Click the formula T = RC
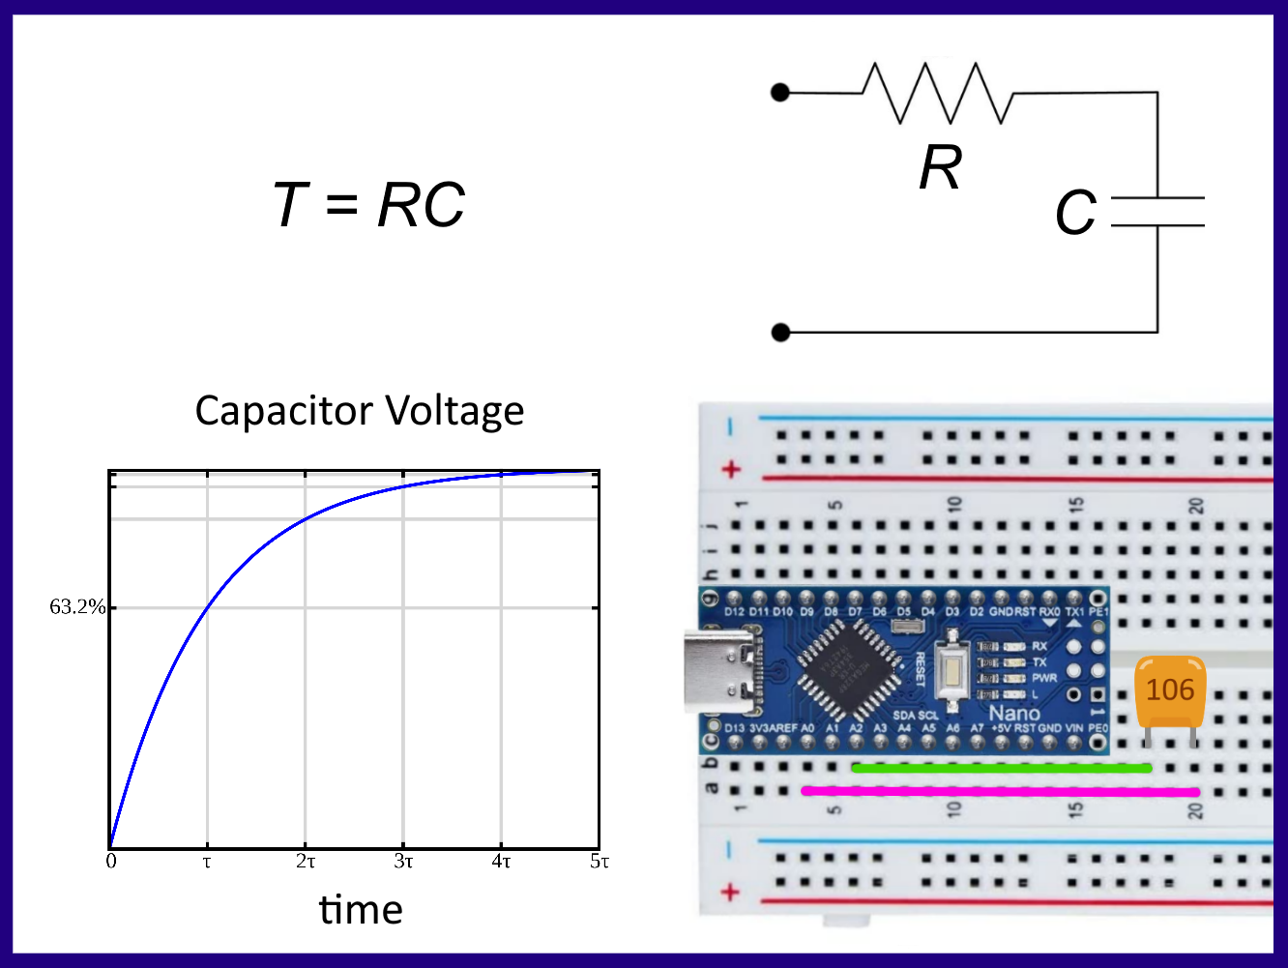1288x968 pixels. [369, 205]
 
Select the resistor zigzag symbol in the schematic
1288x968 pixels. [936, 93]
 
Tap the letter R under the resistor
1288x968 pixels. [940, 168]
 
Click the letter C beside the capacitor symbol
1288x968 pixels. [1075, 213]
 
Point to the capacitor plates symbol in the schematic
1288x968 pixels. [1157, 212]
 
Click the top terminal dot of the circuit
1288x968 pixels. [780, 93]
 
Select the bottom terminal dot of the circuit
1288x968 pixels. [780, 333]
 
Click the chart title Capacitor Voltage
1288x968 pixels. [359, 411]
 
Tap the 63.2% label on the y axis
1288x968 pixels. [77, 607]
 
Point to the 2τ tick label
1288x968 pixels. [306, 862]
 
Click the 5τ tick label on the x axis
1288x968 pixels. [600, 862]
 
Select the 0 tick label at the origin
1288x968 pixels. [111, 862]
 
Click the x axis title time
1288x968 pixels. [361, 910]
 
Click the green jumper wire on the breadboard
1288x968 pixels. [1001, 769]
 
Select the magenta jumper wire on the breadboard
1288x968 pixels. [1001, 792]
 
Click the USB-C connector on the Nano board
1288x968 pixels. [720, 669]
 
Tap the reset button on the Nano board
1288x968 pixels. [952, 669]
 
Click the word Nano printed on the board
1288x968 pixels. [1013, 714]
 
